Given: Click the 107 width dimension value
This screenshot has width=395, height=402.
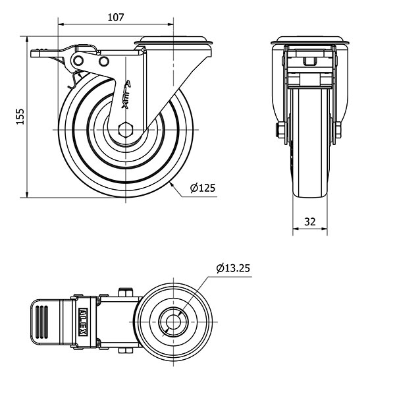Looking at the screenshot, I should pos(116,18).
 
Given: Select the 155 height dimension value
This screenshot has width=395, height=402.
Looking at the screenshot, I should pos(20,117).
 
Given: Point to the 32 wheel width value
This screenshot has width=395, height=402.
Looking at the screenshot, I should pos(309,222).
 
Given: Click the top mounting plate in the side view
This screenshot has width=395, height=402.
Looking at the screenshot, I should pos(174,44).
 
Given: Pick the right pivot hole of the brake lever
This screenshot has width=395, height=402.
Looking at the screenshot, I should pos(103,61).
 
